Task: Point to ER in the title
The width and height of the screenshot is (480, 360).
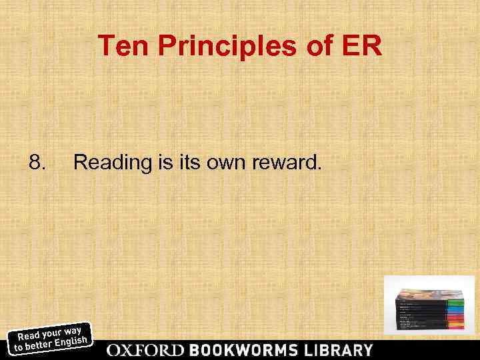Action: point(362,46)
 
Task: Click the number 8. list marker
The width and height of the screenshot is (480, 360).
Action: point(37,161)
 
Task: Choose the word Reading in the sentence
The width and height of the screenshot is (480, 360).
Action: point(108,161)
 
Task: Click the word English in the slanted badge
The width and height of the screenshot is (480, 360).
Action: point(71,343)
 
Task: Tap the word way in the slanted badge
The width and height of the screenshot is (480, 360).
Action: point(73,329)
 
